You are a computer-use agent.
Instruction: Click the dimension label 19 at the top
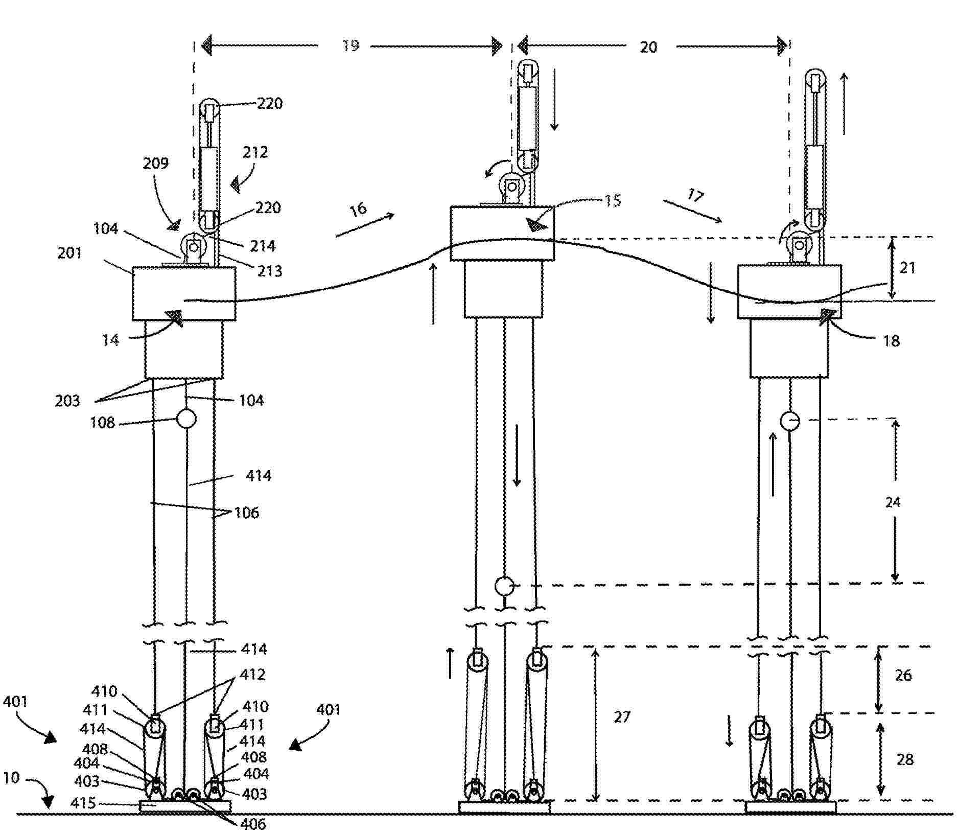click(x=351, y=46)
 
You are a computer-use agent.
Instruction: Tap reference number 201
click(x=69, y=253)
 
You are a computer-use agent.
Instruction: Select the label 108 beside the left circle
click(x=103, y=423)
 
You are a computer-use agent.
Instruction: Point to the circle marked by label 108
click(x=186, y=419)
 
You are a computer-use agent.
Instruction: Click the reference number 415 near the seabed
click(x=83, y=803)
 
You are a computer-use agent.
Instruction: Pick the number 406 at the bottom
click(x=253, y=824)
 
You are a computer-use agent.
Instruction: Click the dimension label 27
click(x=622, y=718)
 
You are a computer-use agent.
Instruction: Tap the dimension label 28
click(x=904, y=760)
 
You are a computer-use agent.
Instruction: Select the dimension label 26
click(x=903, y=675)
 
